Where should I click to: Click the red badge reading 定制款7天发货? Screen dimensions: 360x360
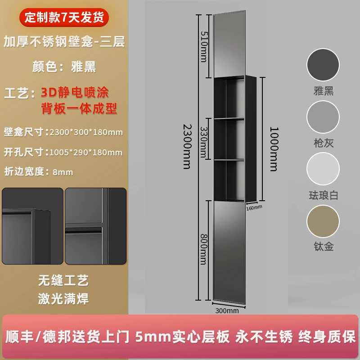coord(64,18)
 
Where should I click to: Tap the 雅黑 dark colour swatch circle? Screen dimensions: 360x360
coord(323,65)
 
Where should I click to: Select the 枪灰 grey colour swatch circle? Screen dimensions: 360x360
coord(323,117)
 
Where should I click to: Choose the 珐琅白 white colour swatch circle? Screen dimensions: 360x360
coord(323,169)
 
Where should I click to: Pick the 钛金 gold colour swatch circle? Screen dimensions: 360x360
coord(323,221)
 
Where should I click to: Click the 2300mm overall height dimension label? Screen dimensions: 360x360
coord(187,147)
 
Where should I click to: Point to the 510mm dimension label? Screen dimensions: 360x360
coord(204,47)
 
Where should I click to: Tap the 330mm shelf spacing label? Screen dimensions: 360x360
coord(204,142)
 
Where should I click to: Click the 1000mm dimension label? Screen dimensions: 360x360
coord(274,149)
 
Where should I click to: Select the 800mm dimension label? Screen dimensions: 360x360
coord(204,249)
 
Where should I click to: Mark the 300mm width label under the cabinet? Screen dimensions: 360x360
coord(227,310)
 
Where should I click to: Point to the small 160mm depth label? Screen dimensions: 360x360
coord(254,207)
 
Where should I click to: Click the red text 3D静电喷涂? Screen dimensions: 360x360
coord(75,92)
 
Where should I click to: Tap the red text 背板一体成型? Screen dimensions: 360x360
coord(79,108)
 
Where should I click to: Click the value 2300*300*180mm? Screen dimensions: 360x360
coord(86,132)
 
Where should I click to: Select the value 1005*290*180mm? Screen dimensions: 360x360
coord(86,153)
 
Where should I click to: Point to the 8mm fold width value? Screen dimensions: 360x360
coord(63,172)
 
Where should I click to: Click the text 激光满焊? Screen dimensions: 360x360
coord(63,299)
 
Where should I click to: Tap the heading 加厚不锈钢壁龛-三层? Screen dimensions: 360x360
coord(64,41)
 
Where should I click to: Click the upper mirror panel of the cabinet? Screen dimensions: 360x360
coord(229,44)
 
